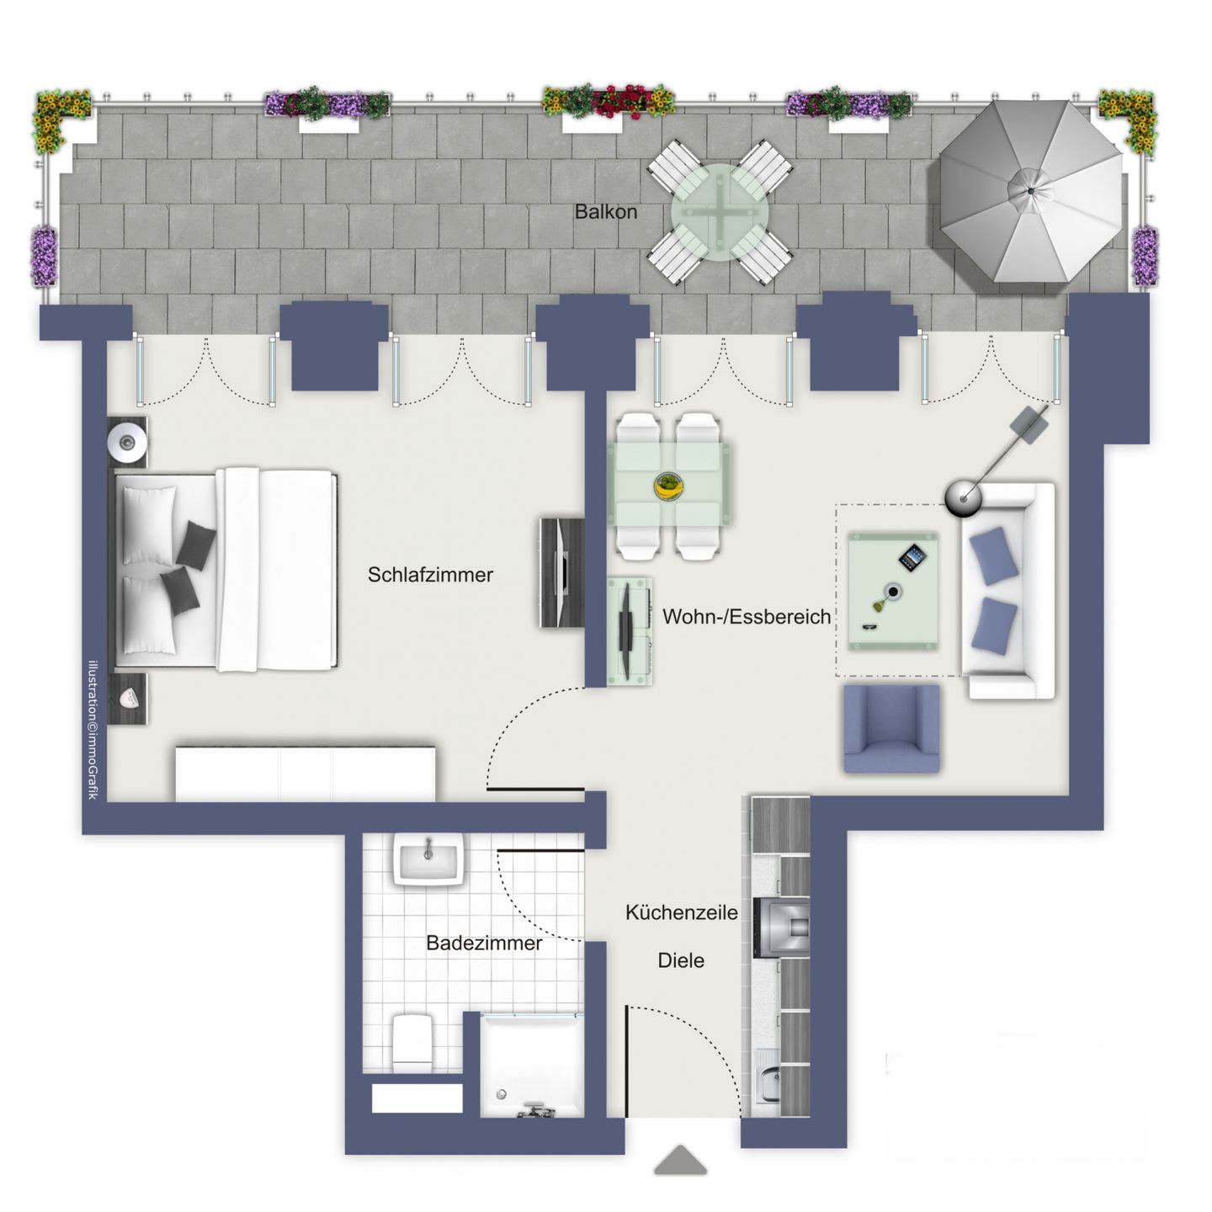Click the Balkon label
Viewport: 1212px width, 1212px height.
point(606,212)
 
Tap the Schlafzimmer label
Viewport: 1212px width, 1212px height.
point(430,575)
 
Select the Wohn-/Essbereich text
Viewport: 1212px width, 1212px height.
point(747,616)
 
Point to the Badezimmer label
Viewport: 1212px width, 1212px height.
point(483,943)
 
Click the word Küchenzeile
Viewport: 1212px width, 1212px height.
point(681,912)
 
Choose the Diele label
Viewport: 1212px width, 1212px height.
point(681,960)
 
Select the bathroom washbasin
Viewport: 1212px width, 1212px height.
point(429,860)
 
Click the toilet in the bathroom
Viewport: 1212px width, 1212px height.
point(412,1040)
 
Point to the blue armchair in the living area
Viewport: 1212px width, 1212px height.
point(891,729)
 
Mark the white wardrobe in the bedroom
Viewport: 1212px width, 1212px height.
point(305,772)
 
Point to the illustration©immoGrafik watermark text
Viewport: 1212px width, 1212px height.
point(93,729)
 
